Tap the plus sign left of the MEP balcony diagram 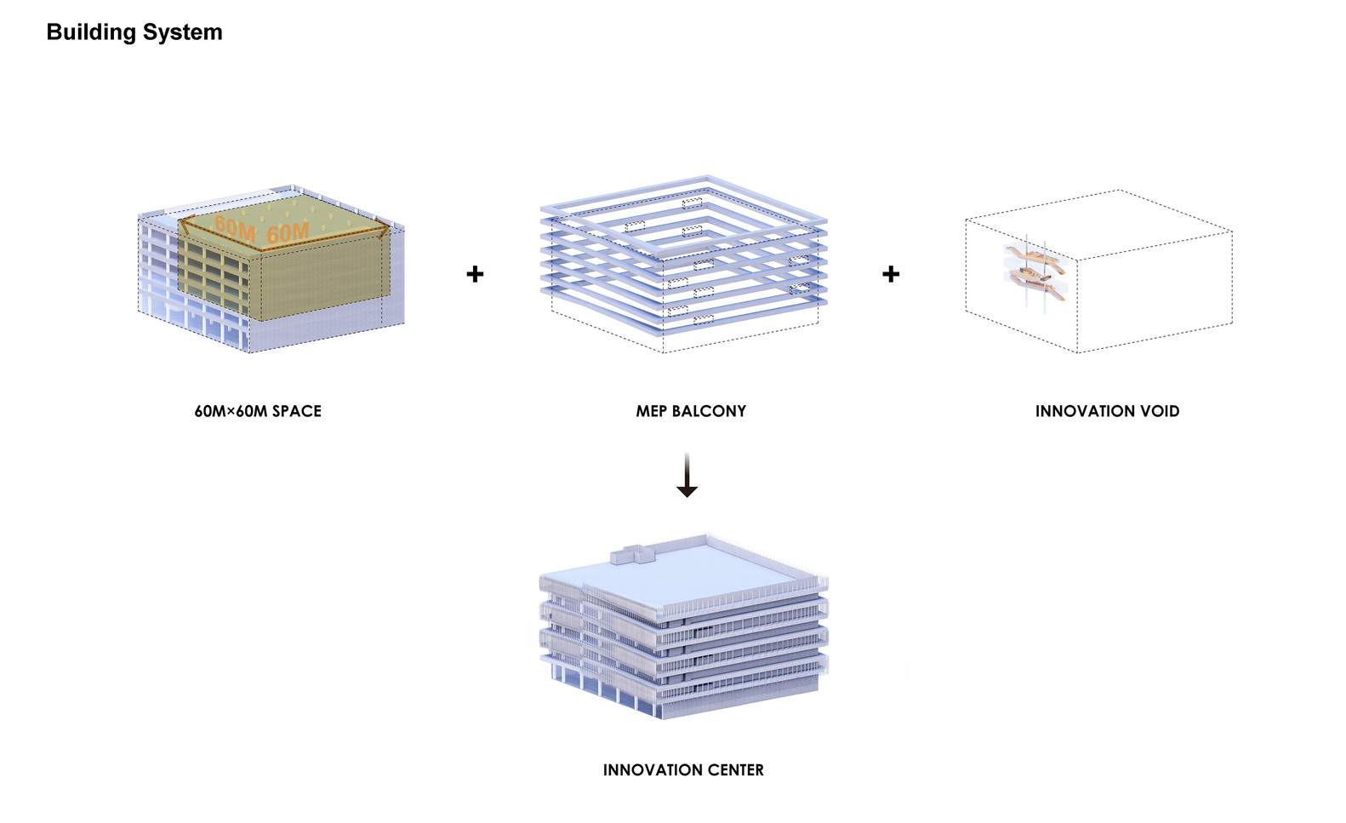[x=475, y=274]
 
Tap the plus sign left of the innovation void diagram [x=891, y=274]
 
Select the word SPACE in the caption [x=297, y=411]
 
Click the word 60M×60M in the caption [x=231, y=411]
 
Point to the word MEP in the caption [x=651, y=411]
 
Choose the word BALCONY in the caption [x=709, y=411]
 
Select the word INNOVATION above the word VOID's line [x=1085, y=411]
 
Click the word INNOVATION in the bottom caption [x=648, y=770]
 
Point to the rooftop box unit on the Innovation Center [x=634, y=556]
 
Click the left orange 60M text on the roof [x=235, y=227]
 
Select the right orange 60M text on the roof [x=288, y=232]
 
